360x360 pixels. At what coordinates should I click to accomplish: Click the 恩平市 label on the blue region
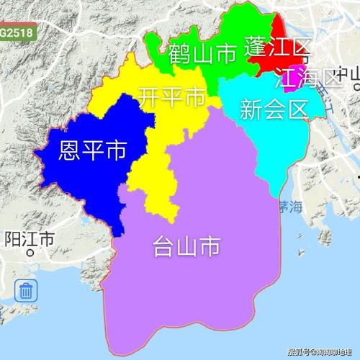[x=91, y=151]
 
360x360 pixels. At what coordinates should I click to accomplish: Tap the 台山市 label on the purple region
[x=186, y=247]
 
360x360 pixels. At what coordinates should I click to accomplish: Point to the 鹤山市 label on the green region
[x=203, y=53]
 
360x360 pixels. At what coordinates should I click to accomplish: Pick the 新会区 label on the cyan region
[x=274, y=109]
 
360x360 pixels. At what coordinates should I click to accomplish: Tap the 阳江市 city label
[x=30, y=239]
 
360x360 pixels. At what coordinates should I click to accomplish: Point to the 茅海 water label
[x=290, y=207]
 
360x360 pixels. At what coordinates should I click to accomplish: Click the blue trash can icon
[x=27, y=291]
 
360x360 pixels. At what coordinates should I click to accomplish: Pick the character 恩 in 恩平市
[x=70, y=151]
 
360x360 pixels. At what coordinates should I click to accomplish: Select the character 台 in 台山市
[x=164, y=247]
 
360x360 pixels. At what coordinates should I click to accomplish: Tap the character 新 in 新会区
[x=252, y=109]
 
